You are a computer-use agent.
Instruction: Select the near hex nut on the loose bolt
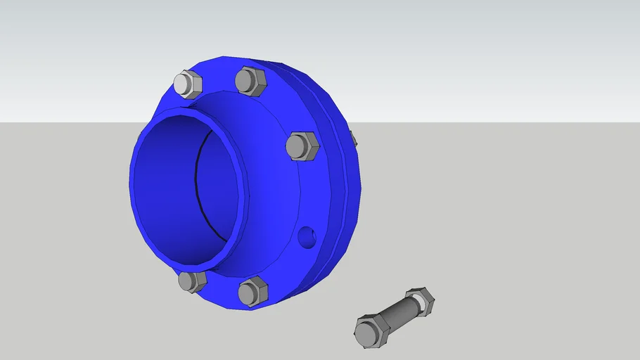point(371,330)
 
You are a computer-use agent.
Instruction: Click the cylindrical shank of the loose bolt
point(397,316)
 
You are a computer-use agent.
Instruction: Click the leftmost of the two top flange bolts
point(187,84)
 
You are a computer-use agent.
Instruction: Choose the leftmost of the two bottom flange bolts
point(192,281)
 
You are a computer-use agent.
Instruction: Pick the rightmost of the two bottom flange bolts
point(252,290)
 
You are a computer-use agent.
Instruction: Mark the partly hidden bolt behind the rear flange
point(353,138)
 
